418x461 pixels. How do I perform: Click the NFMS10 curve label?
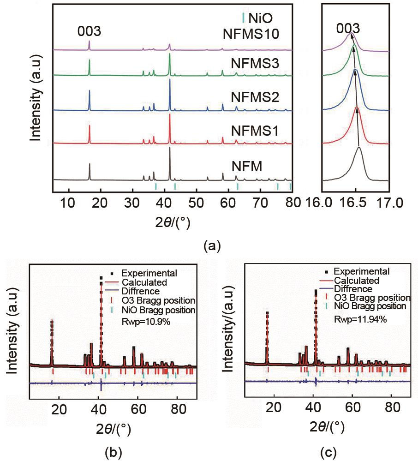250,34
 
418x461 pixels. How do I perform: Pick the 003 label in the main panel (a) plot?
89,31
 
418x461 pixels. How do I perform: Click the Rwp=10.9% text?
146,322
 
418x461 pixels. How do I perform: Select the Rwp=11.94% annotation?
358,318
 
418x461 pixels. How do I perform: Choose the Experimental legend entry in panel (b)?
149,273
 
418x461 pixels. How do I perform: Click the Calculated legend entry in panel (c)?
357,280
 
